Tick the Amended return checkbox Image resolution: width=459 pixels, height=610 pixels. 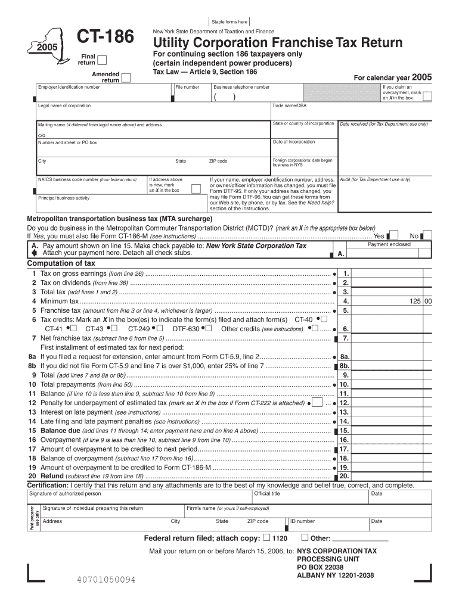coord(126,80)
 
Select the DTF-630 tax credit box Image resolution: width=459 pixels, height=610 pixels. coord(210,329)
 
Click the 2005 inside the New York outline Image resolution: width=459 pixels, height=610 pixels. coord(45,47)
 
